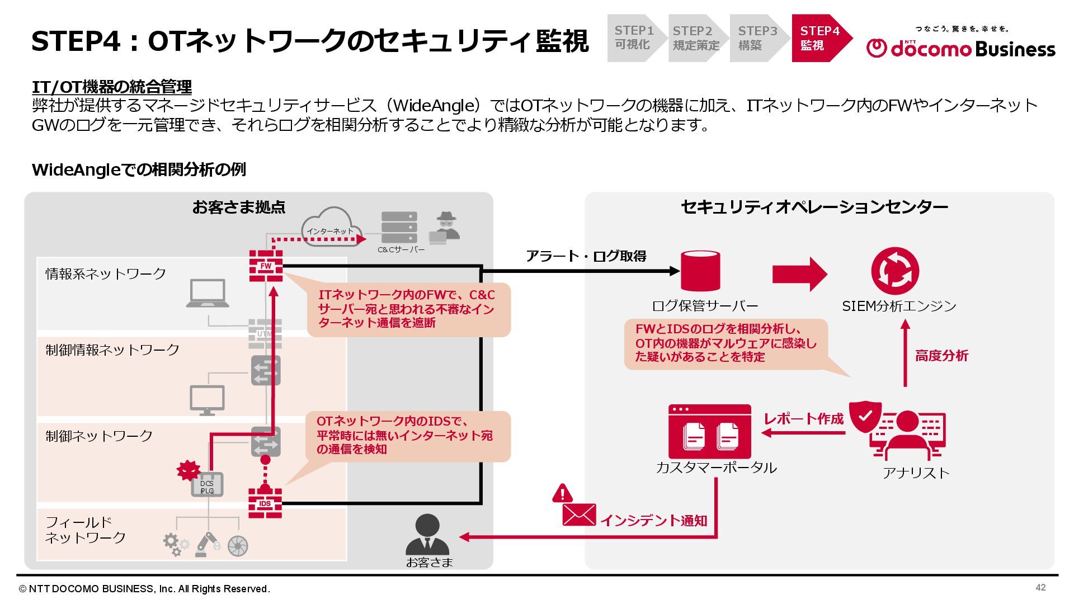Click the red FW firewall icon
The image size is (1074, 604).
266,266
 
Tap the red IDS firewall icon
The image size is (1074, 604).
265,503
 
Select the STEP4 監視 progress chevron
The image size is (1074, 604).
821,38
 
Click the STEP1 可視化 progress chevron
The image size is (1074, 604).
634,38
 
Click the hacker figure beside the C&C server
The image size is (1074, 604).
445,227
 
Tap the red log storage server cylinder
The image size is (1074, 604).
700,271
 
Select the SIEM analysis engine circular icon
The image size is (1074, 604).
895,271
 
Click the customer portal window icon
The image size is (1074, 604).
710,431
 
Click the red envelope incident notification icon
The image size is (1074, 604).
578,514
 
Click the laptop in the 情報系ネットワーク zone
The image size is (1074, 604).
208,294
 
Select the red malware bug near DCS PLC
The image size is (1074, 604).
188,470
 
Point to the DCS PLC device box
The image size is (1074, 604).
207,485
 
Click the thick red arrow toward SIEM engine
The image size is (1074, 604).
799,274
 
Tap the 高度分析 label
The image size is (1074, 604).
941,356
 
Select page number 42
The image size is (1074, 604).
1040,587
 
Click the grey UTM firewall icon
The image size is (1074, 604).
265,334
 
